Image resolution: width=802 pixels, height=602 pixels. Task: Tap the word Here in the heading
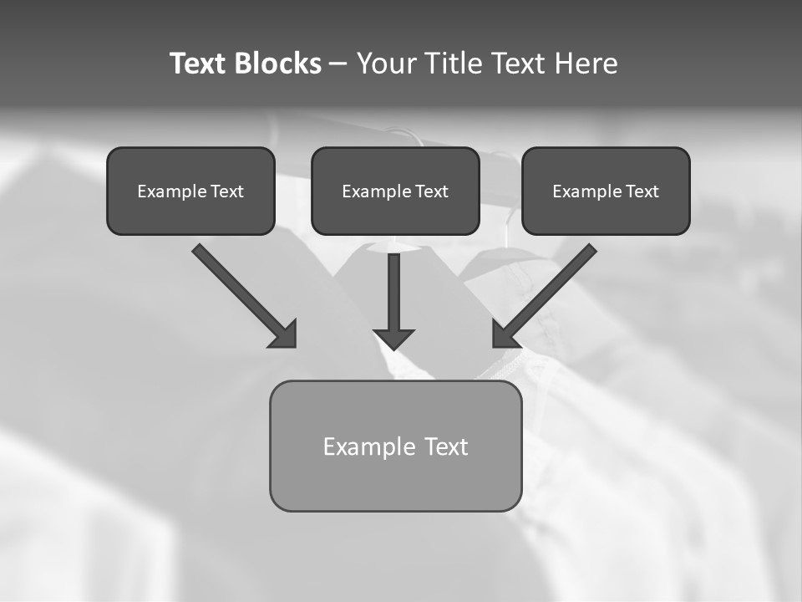click(x=585, y=64)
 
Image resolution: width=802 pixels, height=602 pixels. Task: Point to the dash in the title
click(x=338, y=64)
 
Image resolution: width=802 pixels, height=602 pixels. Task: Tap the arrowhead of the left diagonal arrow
click(x=285, y=335)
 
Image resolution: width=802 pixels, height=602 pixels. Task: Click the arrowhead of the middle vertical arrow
click(x=393, y=339)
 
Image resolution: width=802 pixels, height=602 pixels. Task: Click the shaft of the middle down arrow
click(x=393, y=288)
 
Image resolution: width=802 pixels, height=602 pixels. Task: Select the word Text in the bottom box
click(x=446, y=446)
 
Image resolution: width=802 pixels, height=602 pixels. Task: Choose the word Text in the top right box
click(x=642, y=191)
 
